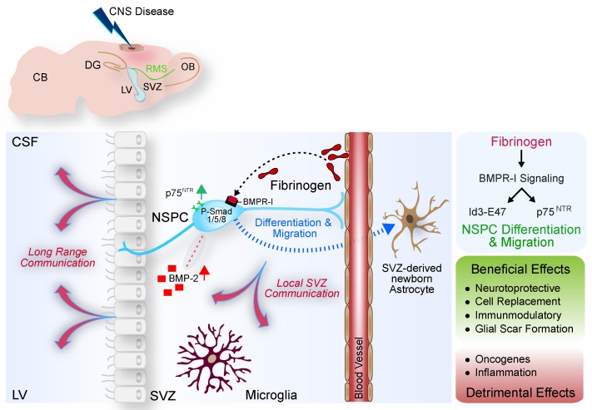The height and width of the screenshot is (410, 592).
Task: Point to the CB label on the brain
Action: click(x=40, y=77)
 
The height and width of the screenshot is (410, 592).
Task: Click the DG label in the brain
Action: click(x=94, y=64)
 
